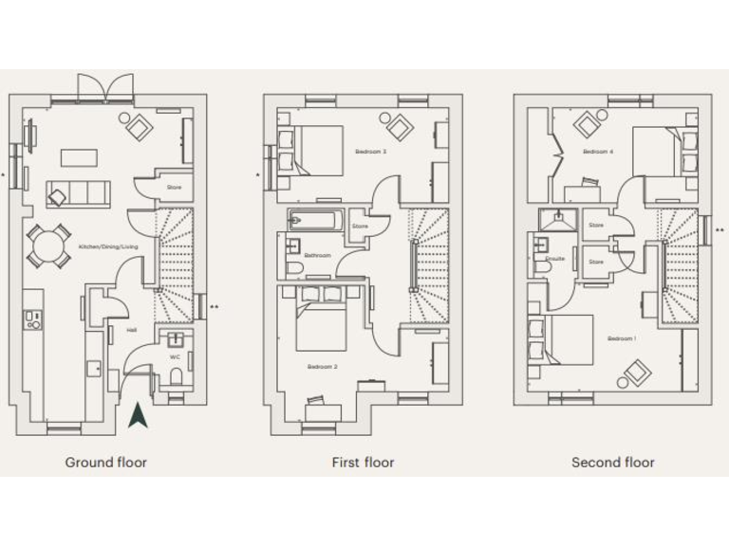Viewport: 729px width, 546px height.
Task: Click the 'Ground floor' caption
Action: coord(105,463)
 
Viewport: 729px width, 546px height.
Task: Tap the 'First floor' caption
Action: coord(363,463)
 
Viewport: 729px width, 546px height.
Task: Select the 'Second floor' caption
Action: coord(612,463)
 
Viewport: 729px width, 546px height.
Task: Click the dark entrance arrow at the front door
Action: coord(138,414)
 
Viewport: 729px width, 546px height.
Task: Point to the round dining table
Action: coord(47,246)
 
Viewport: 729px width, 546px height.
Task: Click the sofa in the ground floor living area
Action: coord(77,192)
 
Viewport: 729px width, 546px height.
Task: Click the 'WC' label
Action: coord(174,356)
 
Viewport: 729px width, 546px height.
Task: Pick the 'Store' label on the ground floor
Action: coord(174,188)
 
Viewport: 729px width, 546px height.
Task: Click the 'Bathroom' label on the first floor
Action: coord(317,256)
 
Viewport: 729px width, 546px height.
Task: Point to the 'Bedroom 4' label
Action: coord(598,151)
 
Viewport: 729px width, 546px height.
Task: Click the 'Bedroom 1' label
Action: coord(622,338)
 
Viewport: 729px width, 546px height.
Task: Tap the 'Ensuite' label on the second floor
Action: coord(555,258)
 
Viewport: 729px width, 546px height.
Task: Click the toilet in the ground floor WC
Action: coord(176,377)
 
